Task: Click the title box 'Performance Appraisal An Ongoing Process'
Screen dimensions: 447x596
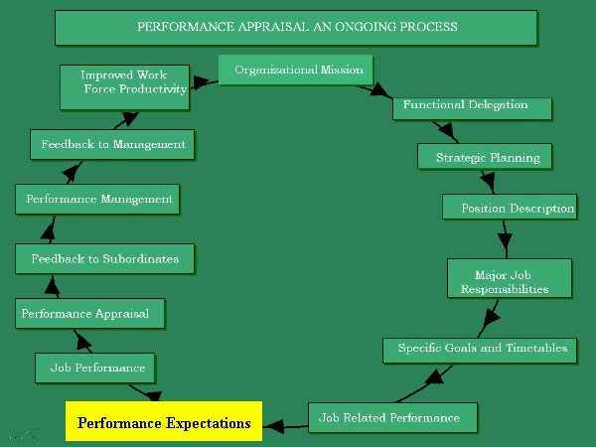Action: [x=296, y=28]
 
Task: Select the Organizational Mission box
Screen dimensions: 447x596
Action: [x=296, y=71]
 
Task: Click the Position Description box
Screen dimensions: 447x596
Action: [x=510, y=208]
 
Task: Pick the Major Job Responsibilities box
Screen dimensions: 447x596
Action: [x=510, y=277]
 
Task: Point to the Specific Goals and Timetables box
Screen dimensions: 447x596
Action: [x=480, y=349]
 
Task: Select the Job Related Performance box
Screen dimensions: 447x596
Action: [x=393, y=417]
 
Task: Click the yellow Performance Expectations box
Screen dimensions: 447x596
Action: [x=164, y=422]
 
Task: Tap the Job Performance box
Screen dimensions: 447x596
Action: [x=96, y=368]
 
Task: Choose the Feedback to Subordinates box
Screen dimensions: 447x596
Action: [x=104, y=258]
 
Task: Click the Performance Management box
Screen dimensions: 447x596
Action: [x=98, y=199]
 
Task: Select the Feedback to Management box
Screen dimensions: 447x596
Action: [x=111, y=144]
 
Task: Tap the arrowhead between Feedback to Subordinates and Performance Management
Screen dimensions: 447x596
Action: [x=46, y=232]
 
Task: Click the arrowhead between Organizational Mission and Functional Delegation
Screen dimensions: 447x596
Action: [x=381, y=91]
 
